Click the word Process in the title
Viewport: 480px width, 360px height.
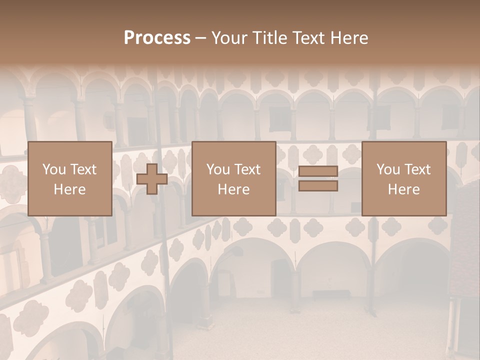click(157, 38)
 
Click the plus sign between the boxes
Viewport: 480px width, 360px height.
click(152, 179)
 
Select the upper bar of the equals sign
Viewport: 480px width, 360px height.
click(318, 172)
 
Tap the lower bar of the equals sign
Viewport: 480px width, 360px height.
click(318, 186)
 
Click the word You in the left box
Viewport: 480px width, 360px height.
click(53, 169)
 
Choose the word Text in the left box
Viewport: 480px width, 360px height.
click(82, 169)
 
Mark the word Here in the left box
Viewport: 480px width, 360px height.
click(69, 189)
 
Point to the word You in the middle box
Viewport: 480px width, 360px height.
click(217, 169)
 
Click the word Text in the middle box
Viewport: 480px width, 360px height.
click(247, 169)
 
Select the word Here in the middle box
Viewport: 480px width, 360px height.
click(233, 189)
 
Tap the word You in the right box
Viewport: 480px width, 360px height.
click(387, 169)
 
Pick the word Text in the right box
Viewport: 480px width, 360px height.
click(417, 169)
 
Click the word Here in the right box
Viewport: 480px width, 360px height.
click(403, 189)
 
